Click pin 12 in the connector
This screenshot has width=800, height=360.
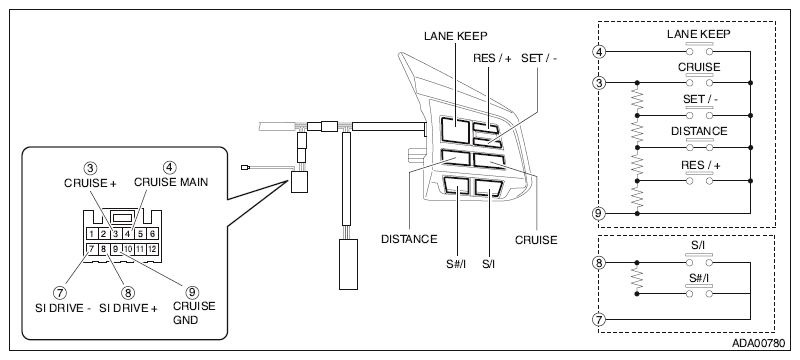click(152, 249)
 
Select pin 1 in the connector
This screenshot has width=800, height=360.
click(91, 234)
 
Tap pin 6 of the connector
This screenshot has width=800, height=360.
click(152, 234)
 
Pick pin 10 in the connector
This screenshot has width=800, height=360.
click(128, 249)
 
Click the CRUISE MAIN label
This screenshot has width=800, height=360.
click(171, 182)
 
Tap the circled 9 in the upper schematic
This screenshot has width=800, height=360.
click(599, 213)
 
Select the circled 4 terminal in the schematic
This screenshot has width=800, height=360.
click(599, 52)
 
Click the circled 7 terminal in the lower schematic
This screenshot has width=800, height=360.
click(599, 320)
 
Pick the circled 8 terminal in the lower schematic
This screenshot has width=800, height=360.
click(599, 263)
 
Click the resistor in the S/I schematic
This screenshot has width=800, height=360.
click(637, 278)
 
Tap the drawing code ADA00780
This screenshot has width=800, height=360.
click(759, 343)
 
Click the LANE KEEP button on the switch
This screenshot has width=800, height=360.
click(455, 130)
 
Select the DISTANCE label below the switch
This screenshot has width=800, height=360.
click(409, 239)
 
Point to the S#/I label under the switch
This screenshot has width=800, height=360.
click(456, 264)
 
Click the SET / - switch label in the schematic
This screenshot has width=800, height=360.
click(700, 99)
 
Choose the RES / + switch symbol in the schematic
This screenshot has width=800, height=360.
click(699, 178)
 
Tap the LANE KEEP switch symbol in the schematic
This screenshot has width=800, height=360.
click(699, 49)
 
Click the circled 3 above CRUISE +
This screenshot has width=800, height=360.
click(91, 168)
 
